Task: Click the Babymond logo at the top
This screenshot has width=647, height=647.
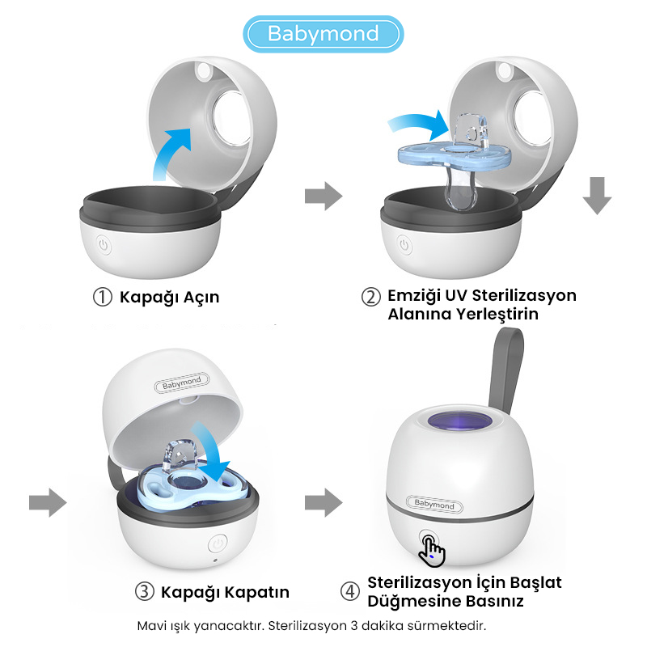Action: pyautogui.click(x=323, y=34)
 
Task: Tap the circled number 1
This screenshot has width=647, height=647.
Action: pyautogui.click(x=103, y=297)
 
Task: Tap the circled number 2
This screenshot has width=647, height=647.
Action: pyautogui.click(x=371, y=297)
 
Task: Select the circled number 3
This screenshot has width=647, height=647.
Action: pyautogui.click(x=145, y=592)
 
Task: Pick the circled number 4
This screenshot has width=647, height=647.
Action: pyautogui.click(x=350, y=592)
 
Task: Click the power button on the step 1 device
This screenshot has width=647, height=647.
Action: pyautogui.click(x=104, y=246)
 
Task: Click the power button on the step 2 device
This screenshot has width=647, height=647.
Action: pyautogui.click(x=404, y=246)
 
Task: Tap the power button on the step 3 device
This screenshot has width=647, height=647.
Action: pyautogui.click(x=218, y=543)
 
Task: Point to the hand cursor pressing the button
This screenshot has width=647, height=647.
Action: pyautogui.click(x=432, y=551)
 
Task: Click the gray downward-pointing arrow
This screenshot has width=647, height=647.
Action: pyautogui.click(x=597, y=196)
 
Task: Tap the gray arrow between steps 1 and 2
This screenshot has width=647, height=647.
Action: pyautogui.click(x=323, y=196)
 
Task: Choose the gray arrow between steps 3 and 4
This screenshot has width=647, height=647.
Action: pyautogui.click(x=323, y=502)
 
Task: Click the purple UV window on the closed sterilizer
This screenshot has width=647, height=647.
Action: pyautogui.click(x=460, y=421)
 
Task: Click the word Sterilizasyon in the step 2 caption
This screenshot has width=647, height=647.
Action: pyautogui.click(x=524, y=296)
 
